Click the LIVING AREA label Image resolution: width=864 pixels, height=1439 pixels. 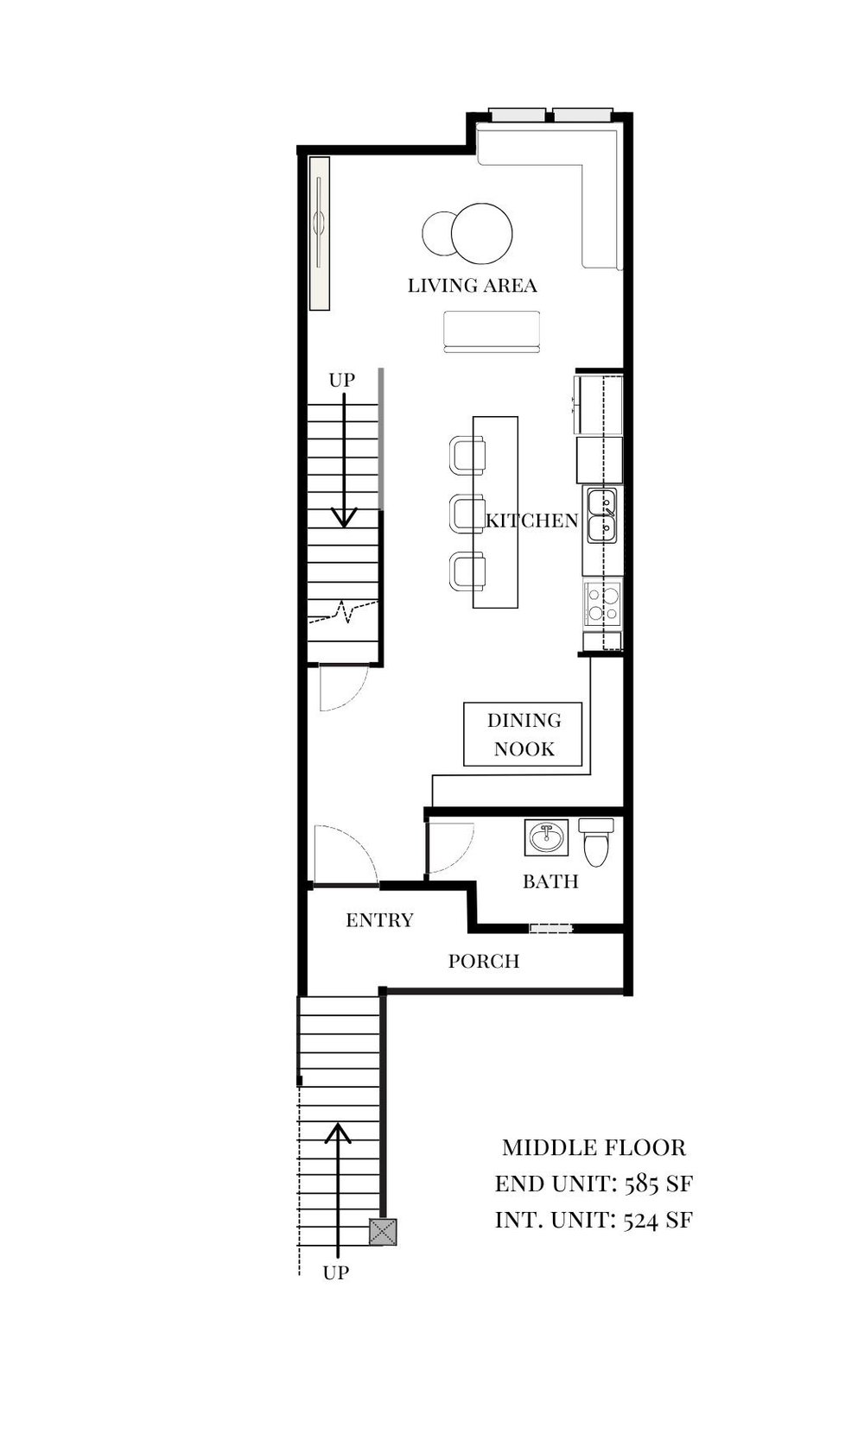472,285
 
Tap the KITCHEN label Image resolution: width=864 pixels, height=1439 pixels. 531,521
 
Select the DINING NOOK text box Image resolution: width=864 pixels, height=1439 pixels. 523,735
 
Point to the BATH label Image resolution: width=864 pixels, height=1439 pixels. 550,881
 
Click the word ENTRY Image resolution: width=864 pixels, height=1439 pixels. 379,920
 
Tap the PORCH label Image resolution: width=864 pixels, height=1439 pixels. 484,961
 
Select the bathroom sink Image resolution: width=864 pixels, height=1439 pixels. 546,837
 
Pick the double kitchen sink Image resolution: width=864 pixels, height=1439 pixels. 602,515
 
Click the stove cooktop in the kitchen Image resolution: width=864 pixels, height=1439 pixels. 602,603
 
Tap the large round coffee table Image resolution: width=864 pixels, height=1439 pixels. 481,233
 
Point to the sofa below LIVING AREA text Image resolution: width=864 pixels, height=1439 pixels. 492,331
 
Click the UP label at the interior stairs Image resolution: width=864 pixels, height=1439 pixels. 342,380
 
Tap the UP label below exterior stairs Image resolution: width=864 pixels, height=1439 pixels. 336,1272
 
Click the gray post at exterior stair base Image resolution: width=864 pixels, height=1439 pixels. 383,1231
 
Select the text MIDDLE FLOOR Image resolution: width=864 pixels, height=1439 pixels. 594,1148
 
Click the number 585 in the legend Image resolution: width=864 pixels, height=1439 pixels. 642,1183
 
